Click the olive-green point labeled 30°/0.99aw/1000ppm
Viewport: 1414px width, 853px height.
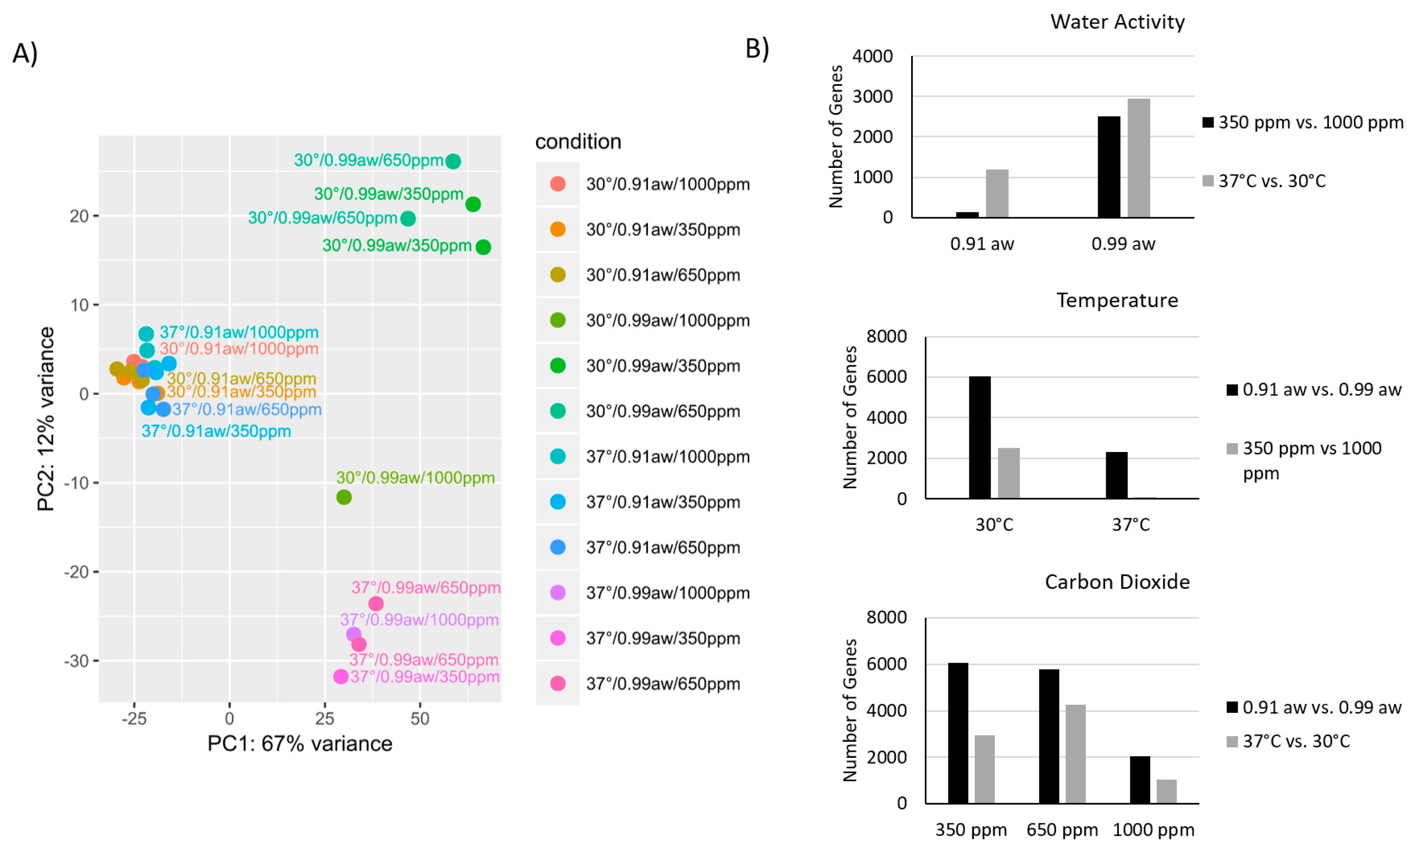tap(344, 497)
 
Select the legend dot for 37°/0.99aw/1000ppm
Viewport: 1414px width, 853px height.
tap(558, 593)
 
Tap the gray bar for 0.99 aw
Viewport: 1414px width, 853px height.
tap(1138, 158)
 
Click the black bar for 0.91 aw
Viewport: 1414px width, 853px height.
tap(967, 215)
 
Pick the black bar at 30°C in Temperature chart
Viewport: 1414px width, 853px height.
tap(979, 438)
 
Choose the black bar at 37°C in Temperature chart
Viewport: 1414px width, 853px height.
tap(1117, 475)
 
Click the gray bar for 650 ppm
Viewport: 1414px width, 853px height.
tap(1075, 754)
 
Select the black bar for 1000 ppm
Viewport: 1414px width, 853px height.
tap(1140, 780)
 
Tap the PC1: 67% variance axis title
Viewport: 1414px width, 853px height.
tap(299, 743)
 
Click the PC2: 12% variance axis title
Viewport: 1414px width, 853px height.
tap(46, 418)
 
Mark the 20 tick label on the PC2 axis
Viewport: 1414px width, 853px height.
tap(79, 216)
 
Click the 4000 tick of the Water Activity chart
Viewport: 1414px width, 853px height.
tap(872, 56)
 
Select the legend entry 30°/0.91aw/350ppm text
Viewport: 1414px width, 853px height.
tap(663, 230)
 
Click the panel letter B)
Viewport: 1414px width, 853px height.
tap(756, 48)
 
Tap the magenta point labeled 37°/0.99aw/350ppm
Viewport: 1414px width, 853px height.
tap(341, 676)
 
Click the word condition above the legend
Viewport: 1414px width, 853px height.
tap(578, 141)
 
